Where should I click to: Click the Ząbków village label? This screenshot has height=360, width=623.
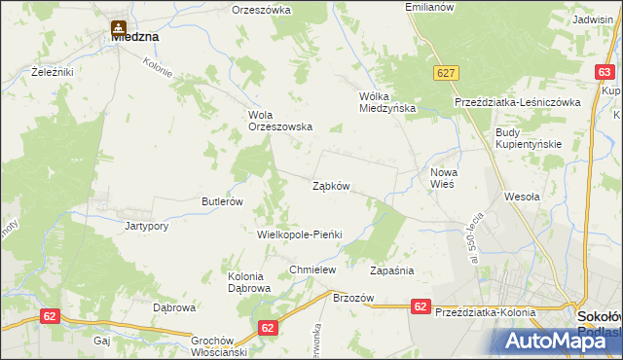[331, 186]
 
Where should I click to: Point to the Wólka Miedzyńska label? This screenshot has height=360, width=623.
[387, 103]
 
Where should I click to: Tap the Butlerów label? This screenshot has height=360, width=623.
[221, 201]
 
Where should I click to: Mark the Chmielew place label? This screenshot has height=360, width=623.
[312, 270]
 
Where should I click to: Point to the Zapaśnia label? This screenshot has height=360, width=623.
[393, 270]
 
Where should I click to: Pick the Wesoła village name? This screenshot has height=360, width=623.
[522, 197]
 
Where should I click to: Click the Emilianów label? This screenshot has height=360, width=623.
[429, 7]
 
